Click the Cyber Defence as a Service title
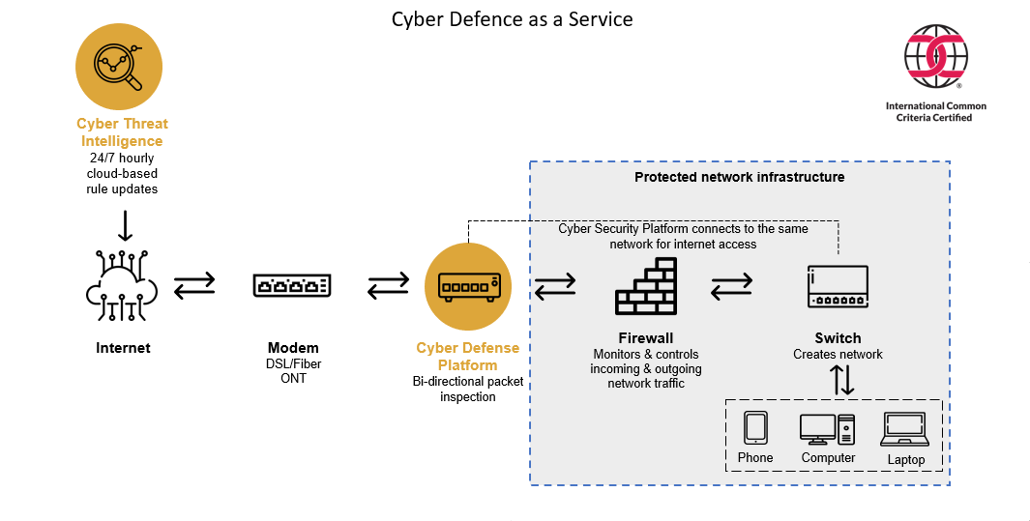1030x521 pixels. tap(512, 19)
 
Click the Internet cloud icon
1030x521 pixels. tap(122, 285)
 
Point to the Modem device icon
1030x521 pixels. tap(292, 285)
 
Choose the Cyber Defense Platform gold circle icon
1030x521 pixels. tap(468, 285)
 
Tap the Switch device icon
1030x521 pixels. tap(838, 287)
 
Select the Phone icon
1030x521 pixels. tap(755, 427)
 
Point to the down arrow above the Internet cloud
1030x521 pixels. tap(124, 227)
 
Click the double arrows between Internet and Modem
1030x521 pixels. tap(195, 286)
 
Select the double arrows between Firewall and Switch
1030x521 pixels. tap(732, 286)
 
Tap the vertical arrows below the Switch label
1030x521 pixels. tap(843, 379)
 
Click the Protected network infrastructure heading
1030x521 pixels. tap(739, 177)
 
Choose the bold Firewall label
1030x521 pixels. tap(646, 338)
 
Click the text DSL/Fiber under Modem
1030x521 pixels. tap(293, 364)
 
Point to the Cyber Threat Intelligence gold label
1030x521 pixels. tap(123, 132)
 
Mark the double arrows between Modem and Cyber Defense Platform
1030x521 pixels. tap(389, 286)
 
